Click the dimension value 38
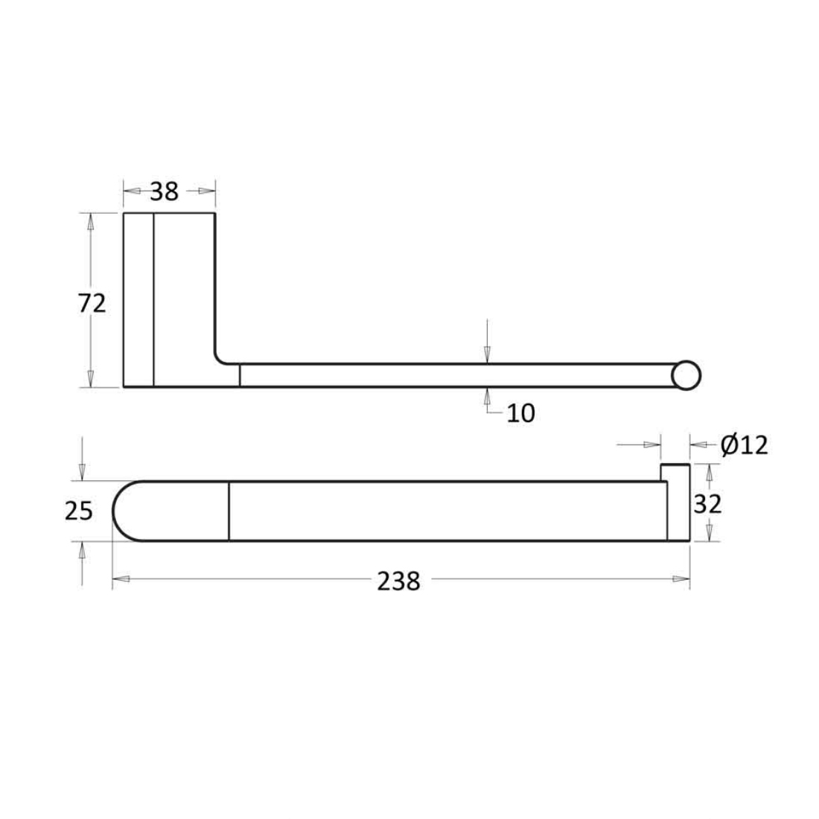click(x=164, y=191)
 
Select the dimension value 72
click(x=92, y=303)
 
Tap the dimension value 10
click(x=520, y=413)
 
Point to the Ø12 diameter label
click(x=745, y=445)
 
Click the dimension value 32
click(x=707, y=504)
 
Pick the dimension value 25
click(x=79, y=511)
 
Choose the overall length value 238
click(x=398, y=581)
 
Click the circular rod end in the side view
click(x=686, y=375)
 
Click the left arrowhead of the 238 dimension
click(x=121, y=579)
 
